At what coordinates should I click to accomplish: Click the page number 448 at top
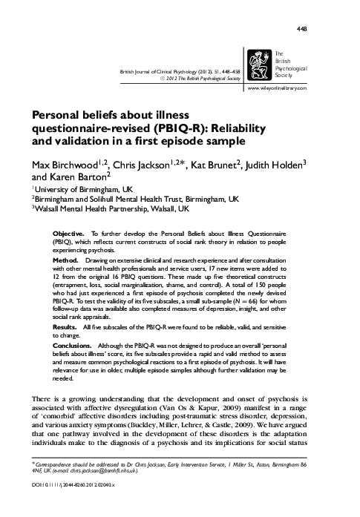pyautogui.click(x=323, y=29)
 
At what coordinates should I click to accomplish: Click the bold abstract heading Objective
pyautogui.click(x=69, y=232)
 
